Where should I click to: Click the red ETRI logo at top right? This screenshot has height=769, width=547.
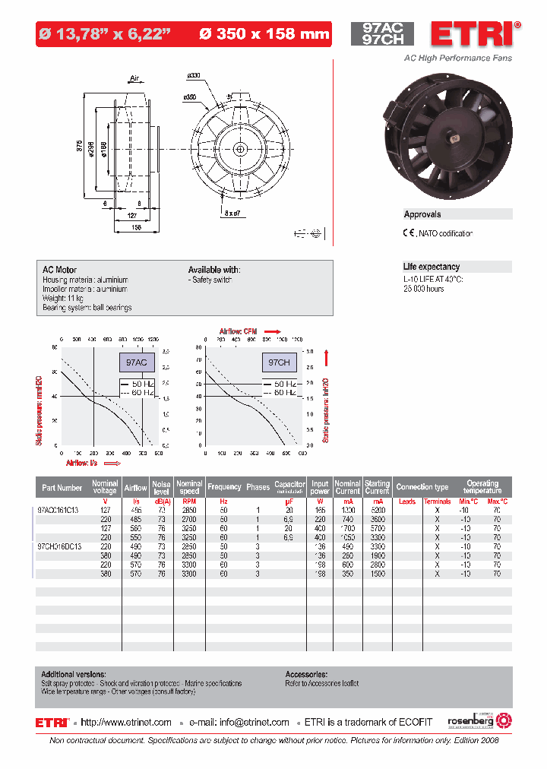coord(472,34)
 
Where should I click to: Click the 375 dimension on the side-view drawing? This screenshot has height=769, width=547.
coord(80,148)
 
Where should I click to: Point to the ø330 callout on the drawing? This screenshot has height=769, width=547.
coord(194,76)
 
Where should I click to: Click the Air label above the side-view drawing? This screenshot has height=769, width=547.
coord(135,78)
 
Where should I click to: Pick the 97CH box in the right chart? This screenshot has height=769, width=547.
coord(279,363)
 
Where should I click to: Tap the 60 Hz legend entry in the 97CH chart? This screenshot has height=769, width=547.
coord(283,393)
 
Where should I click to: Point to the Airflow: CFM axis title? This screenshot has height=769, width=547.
coord(242,331)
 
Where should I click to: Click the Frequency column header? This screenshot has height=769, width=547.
coord(224,487)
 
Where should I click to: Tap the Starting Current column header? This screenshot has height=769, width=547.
coord(377,487)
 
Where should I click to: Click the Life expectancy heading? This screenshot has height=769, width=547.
coord(432,267)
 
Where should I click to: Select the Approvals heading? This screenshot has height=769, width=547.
coord(422,214)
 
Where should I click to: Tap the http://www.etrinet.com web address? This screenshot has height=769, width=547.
coord(126,723)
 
